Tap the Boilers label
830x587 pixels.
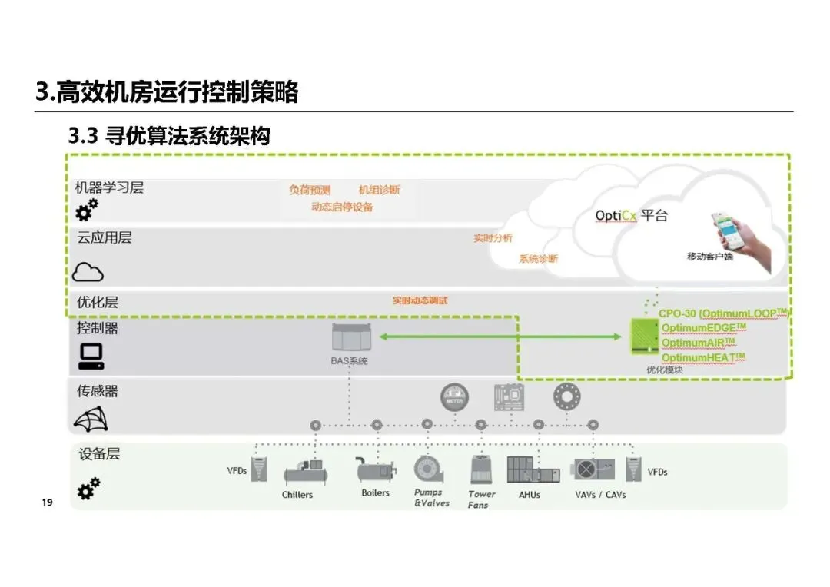tap(375, 492)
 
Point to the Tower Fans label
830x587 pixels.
tap(481, 499)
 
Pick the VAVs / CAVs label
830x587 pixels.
tap(600, 494)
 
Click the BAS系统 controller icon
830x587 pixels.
tap(349, 337)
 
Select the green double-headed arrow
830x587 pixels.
tap(500, 337)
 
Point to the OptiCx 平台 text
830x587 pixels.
tap(631, 216)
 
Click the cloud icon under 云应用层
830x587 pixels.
tap(88, 271)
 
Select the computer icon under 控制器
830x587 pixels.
tap(91, 356)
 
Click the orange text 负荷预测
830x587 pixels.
tap(310, 190)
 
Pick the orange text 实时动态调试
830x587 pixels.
tap(420, 300)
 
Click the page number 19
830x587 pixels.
tap(47, 502)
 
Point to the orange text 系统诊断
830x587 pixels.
tap(538, 259)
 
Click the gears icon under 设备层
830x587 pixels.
tap(88, 487)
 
